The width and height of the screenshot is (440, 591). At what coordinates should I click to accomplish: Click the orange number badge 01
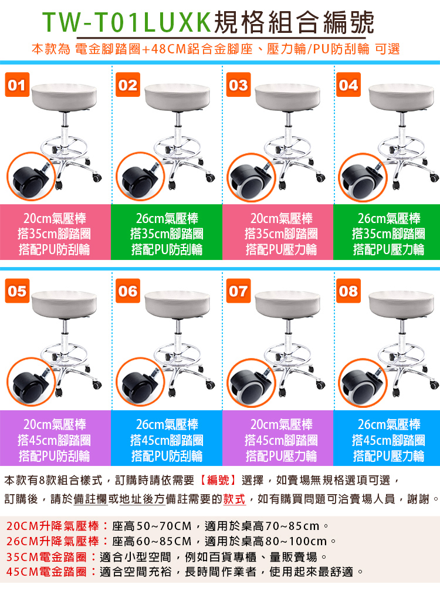(x=18, y=85)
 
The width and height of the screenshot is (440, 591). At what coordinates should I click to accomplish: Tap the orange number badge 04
(x=348, y=85)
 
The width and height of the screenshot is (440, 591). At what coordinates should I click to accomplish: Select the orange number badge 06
(x=128, y=291)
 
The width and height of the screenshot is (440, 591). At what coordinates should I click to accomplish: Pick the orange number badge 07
(x=238, y=291)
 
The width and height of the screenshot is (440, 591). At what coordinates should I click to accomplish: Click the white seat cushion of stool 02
(x=177, y=97)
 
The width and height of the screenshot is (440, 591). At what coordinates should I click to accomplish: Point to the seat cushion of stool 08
(x=402, y=305)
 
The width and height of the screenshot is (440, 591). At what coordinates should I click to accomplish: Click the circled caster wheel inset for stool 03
(x=251, y=178)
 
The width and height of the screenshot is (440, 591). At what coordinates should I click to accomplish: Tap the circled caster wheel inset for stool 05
(x=31, y=382)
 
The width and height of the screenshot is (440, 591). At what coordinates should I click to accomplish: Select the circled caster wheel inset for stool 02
(x=140, y=177)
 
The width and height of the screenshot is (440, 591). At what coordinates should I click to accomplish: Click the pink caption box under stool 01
(x=55, y=232)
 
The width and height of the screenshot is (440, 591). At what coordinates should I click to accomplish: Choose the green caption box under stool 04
(x=387, y=232)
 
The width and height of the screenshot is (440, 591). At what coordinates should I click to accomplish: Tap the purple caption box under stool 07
(x=278, y=438)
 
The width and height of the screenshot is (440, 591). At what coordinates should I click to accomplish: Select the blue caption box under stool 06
(x=167, y=438)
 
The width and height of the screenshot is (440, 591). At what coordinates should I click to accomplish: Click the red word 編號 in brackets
(x=218, y=480)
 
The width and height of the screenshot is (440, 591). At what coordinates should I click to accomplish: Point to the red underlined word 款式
(x=234, y=499)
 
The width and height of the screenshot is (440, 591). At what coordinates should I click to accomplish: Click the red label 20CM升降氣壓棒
(x=53, y=526)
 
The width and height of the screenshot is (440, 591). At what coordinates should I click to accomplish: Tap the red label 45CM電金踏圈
(x=47, y=572)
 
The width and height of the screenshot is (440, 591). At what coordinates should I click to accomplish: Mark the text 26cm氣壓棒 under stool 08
(x=389, y=424)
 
